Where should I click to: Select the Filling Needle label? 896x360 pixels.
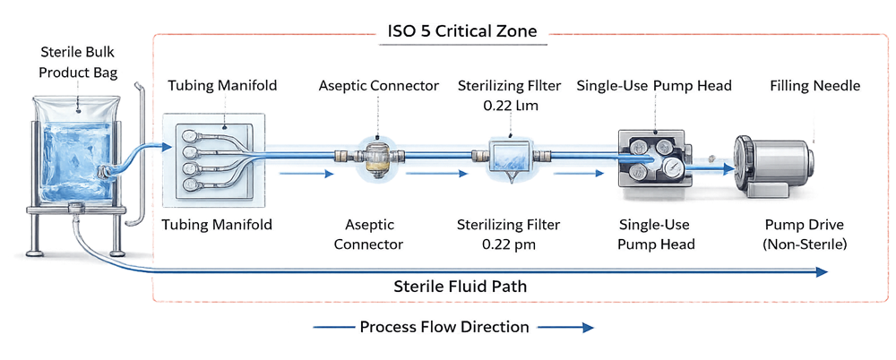[x=814, y=86]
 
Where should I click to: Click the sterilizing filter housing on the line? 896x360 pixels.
[x=509, y=158]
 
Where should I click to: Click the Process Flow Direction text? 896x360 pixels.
[x=444, y=327]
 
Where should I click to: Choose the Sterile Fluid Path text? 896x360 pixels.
[x=461, y=287]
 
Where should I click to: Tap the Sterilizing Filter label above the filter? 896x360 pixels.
[x=509, y=94]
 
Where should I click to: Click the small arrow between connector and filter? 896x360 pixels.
[x=439, y=174]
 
